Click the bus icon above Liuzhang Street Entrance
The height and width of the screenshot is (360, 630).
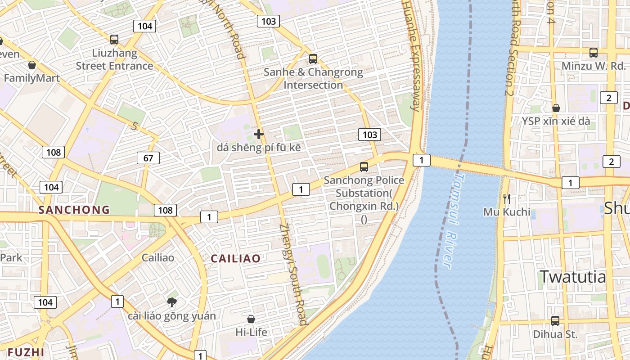click(114, 40)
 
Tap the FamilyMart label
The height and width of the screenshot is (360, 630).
click(31, 78)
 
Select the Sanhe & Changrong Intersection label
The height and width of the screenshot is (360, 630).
click(313, 78)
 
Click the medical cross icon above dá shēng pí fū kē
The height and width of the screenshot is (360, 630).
click(259, 134)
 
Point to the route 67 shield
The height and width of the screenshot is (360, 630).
click(148, 158)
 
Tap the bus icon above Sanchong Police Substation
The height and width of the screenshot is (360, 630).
click(364, 167)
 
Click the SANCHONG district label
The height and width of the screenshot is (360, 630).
click(74, 210)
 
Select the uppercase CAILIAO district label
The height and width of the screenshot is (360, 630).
click(236, 258)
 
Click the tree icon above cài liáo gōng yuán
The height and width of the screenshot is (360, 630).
click(171, 302)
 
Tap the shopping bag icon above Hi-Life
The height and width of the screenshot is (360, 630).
click(251, 319)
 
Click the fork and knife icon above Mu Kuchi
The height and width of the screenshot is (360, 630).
click(507, 198)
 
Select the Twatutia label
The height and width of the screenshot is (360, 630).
click(573, 276)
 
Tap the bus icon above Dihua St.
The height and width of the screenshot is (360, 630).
click(555, 321)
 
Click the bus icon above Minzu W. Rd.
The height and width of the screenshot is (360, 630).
click(594, 53)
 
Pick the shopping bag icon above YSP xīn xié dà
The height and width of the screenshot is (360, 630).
click(556, 108)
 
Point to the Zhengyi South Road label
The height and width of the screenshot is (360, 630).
click(293, 274)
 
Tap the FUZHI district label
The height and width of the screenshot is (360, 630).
click(26, 352)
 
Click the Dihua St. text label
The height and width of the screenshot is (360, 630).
click(555, 334)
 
